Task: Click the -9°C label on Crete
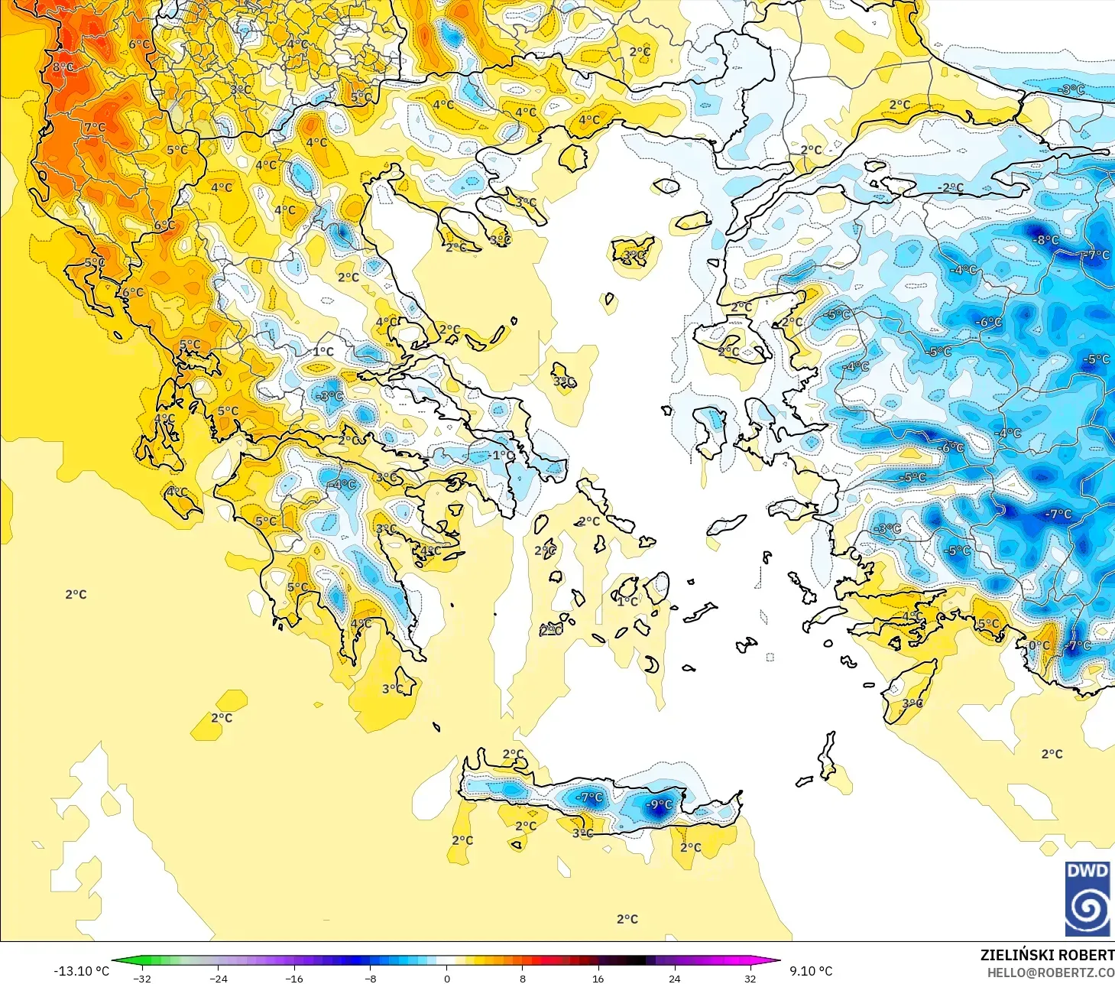coord(659,804)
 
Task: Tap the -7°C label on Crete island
coord(589,797)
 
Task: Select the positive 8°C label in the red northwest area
coord(63,67)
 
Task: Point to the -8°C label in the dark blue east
coord(1046,240)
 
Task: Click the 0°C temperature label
coord(1039,645)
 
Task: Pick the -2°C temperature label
coord(951,187)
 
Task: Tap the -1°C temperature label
coord(502,455)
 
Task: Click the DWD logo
coord(1087,898)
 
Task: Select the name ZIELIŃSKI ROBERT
coord(1047,955)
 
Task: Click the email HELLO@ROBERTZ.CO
coord(1050,973)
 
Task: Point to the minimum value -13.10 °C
coord(81,971)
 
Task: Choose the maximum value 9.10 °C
coord(811,971)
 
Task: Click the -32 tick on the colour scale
coord(142,978)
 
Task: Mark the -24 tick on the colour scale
coord(219,978)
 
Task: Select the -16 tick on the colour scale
coord(294,978)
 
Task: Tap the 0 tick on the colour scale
coord(447,978)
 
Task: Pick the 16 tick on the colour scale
coord(598,978)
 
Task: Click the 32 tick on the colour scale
coord(750,978)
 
